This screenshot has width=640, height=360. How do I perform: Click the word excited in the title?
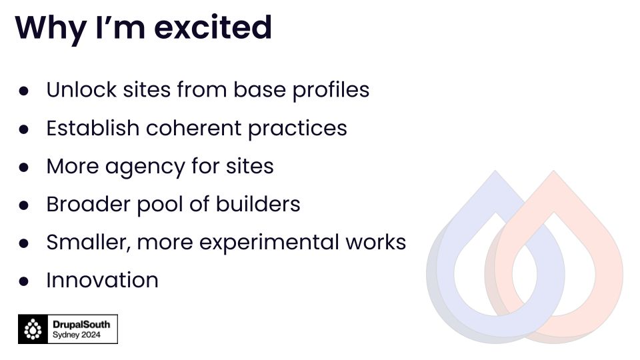pos(213,27)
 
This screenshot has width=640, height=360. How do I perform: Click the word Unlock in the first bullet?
pos(81,89)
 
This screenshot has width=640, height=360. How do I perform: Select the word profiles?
pos(331,90)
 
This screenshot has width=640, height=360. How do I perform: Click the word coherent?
pos(193,128)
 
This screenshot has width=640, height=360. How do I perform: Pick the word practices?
pos(297,129)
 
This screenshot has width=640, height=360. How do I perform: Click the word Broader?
pos(88,204)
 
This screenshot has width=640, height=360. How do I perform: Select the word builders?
pos(258,204)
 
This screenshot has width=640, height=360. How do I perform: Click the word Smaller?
pos(89,243)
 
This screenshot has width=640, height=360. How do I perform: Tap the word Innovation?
pos(102,280)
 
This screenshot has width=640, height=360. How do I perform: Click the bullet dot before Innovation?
pos(24,281)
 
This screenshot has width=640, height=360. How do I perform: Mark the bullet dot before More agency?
pos(24,167)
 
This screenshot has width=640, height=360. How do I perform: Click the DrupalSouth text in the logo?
pos(81,325)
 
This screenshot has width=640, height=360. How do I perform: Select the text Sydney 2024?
pos(76,335)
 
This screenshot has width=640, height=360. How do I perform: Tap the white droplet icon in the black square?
pos(33,329)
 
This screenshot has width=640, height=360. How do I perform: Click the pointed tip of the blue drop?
pos(495,171)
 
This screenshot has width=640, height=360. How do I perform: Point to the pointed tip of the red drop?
pos(554,171)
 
